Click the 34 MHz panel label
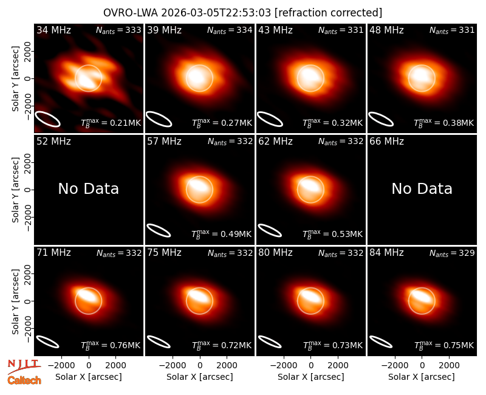coord(53,30)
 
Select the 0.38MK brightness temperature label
coord(444,123)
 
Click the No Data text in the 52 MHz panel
coord(88,188)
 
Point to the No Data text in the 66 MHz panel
coord(422,188)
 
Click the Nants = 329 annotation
coord(452,253)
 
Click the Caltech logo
coord(24,380)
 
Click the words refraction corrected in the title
coord(328,13)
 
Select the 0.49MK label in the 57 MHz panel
coord(221,234)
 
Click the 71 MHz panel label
coord(53,253)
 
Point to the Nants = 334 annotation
coord(230,30)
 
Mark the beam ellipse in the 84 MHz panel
coord(381,342)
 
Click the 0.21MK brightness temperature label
coord(111,123)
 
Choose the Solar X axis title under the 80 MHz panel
coord(310,377)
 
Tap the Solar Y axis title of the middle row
coord(15,190)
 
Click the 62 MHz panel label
coord(275,142)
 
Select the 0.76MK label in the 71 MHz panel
coord(111,345)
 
